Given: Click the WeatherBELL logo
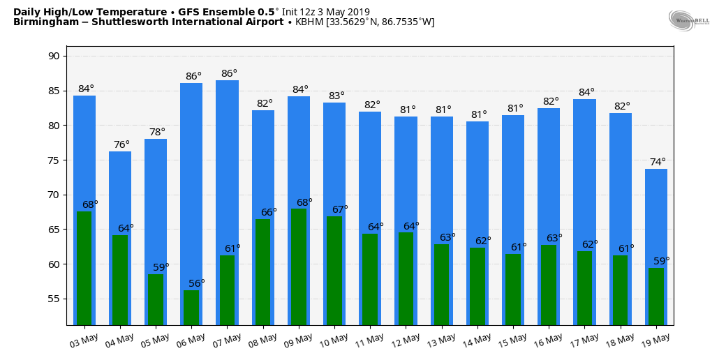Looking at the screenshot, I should point(688,20).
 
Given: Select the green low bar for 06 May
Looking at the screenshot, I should point(191,308).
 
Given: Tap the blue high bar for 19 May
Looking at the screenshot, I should point(656,216).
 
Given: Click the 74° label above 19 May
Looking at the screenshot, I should point(658,162).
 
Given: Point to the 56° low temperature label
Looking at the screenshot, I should point(197,283).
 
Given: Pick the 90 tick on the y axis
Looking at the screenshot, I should point(54,56).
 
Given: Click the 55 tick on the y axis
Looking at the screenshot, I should point(54,299).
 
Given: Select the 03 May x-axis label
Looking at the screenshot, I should point(83,340).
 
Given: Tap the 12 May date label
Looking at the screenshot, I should point(405,340).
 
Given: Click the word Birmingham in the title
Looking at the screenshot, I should point(42,22).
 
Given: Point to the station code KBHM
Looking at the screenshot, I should point(309,22).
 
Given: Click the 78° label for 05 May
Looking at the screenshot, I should point(157,132).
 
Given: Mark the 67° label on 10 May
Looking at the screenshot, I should point(340,209).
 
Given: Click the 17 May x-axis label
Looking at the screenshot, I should point(584,340).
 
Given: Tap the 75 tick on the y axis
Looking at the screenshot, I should point(54,160).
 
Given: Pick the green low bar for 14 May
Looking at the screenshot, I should point(477,286).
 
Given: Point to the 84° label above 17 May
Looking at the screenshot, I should point(586,92).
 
